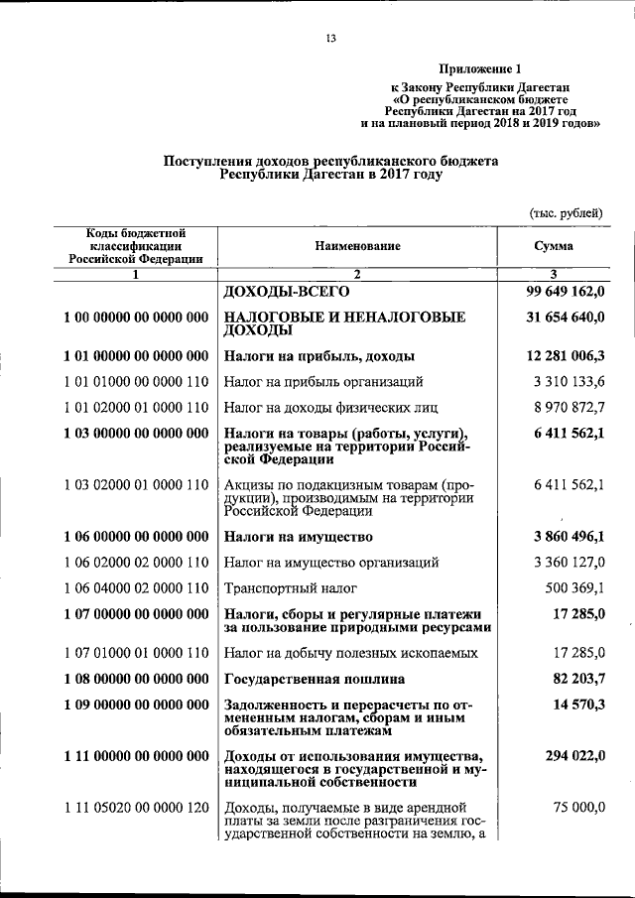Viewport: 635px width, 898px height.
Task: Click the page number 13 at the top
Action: pyautogui.click(x=332, y=39)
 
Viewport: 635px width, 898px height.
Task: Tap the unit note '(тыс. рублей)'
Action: pyautogui.click(x=566, y=214)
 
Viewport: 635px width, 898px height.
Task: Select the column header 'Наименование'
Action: pyautogui.click(x=359, y=245)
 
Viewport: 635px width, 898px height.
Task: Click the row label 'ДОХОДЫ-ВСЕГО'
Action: pyautogui.click(x=288, y=294)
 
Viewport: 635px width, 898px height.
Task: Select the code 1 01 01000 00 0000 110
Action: pyautogui.click(x=135, y=381)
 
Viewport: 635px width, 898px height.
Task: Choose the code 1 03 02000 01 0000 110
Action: pyautogui.click(x=135, y=483)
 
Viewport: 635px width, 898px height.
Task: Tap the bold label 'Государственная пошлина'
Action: pyautogui.click(x=315, y=680)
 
